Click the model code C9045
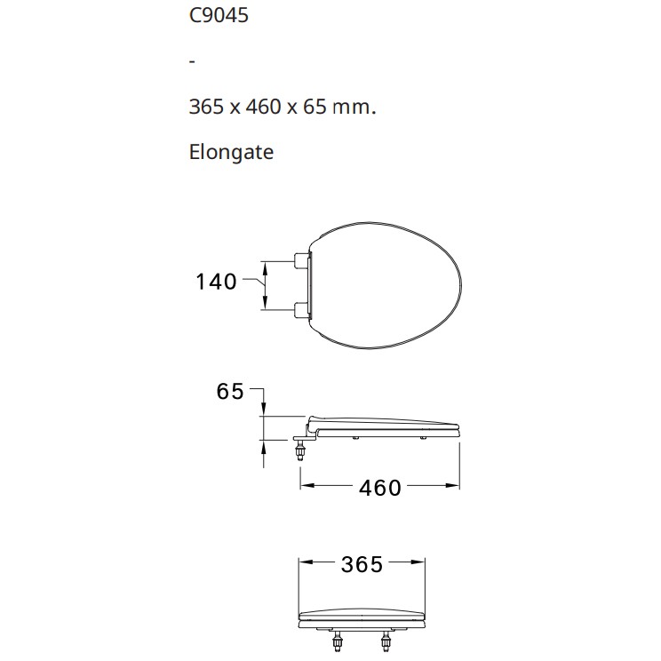pyautogui.click(x=219, y=16)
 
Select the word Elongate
pyautogui.click(x=231, y=152)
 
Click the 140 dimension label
pyautogui.click(x=216, y=282)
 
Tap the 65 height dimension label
pyautogui.click(x=230, y=391)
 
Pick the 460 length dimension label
pyautogui.click(x=380, y=488)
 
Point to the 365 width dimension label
pyautogui.click(x=362, y=564)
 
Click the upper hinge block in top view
pyautogui.click(x=302, y=261)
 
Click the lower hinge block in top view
pyautogui.click(x=302, y=310)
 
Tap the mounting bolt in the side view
pyautogui.click(x=300, y=450)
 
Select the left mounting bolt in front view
pyautogui.click(x=338, y=641)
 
